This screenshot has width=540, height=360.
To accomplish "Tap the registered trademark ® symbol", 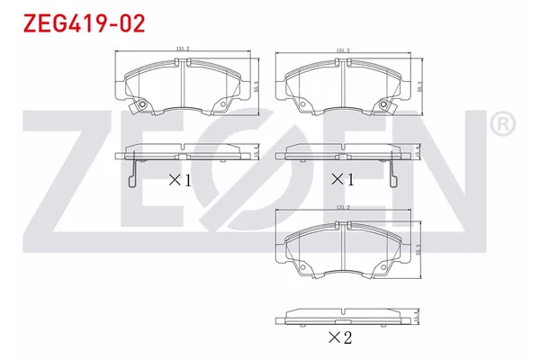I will coord(506,121).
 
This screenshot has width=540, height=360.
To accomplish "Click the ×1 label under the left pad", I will coord(180,179).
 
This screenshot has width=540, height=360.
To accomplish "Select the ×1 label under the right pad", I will coord(343,179).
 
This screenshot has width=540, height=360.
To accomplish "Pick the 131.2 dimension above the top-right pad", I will coord(342,51).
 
